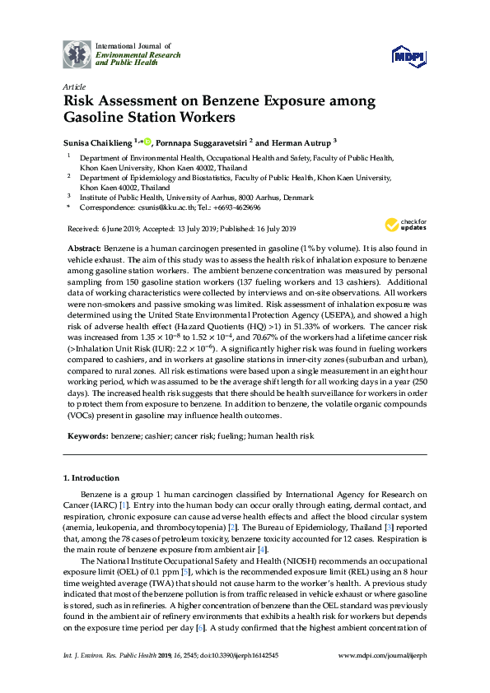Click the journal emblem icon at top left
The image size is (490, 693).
point(77,53)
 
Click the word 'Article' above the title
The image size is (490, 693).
point(72,86)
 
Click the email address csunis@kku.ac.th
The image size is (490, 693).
point(162,209)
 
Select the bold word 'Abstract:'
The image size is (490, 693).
point(82,249)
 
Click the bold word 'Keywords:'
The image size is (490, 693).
point(86,434)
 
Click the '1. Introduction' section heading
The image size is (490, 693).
point(92,478)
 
